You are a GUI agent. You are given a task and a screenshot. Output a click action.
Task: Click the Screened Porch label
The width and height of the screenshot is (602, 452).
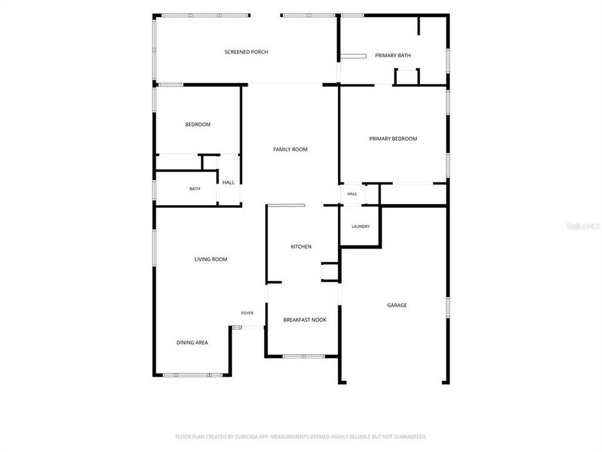tap(246, 52)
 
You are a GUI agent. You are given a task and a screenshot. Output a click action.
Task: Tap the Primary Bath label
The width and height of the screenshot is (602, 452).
tap(393, 55)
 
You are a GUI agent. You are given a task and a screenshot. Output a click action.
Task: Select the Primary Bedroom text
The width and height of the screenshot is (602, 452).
tap(393, 139)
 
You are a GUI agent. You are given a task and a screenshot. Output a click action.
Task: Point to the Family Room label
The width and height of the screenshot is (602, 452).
tap(290, 149)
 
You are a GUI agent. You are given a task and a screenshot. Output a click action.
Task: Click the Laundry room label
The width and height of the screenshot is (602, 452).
tap(361, 227)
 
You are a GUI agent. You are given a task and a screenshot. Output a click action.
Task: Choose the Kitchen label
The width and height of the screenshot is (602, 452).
tap(301, 247)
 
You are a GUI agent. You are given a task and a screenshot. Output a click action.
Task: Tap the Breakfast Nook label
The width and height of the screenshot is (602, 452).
tap(305, 320)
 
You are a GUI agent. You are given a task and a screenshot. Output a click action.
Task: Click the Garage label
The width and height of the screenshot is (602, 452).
tap(397, 305)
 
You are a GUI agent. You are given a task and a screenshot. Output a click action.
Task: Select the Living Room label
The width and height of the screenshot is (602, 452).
tap(211, 259)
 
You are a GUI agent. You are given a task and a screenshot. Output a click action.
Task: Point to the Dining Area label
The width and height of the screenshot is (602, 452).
tap(192, 343)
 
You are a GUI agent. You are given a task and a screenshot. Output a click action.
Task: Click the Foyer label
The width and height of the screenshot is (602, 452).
tap(247, 313)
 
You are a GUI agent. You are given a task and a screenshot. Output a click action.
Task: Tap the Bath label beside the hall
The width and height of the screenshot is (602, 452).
tap(194, 189)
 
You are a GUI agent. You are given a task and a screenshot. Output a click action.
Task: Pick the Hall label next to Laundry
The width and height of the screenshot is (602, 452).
tap(352, 194)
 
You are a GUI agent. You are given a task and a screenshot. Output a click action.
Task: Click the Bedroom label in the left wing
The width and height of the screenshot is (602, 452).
tap(198, 124)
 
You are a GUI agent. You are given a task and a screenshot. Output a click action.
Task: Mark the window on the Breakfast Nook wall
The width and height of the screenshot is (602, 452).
tap(304, 357)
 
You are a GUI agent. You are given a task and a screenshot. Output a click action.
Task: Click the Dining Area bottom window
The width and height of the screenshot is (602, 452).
tap(193, 375)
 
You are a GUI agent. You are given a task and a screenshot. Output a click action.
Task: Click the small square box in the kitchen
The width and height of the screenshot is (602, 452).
tap(330, 272)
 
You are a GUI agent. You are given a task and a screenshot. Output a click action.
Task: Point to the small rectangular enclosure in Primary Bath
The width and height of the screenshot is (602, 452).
tap(407, 77)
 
